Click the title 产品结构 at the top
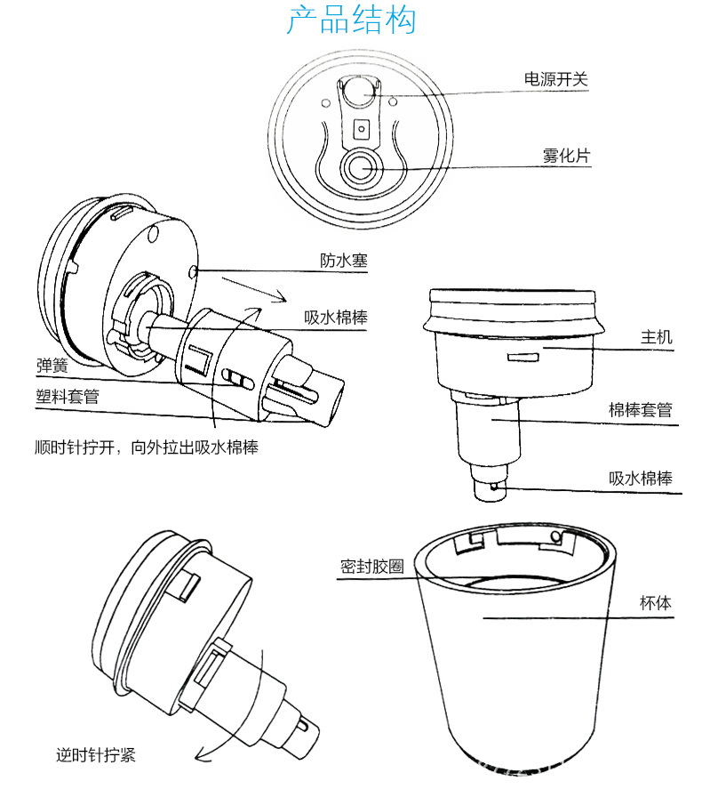coord(350,21)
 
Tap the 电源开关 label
coord(555,79)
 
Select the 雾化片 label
coord(565,156)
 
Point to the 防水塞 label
coord(343,261)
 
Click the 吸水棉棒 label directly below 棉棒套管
coord(640,478)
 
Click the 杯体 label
coord(656,603)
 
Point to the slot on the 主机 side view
coord(522,358)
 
